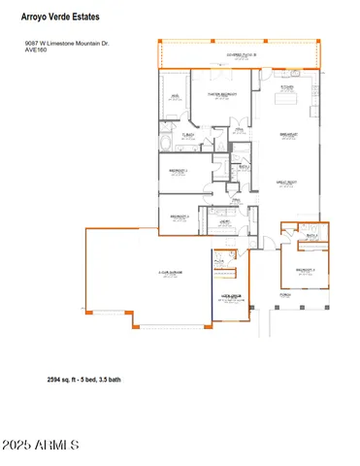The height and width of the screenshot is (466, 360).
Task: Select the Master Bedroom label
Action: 223,94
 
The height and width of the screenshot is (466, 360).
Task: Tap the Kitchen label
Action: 287,87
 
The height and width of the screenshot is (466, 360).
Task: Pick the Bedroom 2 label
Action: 177,170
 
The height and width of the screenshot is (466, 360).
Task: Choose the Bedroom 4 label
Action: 177,216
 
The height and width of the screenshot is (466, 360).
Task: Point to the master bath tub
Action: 172,145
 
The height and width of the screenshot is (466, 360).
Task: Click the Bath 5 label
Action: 312,236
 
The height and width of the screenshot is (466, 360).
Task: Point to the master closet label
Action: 176,97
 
